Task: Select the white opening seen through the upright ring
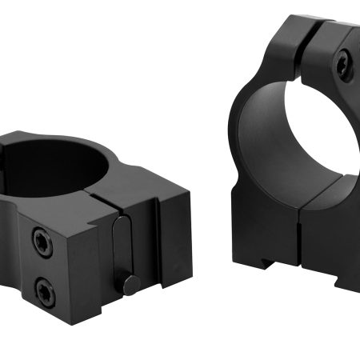[264, 136]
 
